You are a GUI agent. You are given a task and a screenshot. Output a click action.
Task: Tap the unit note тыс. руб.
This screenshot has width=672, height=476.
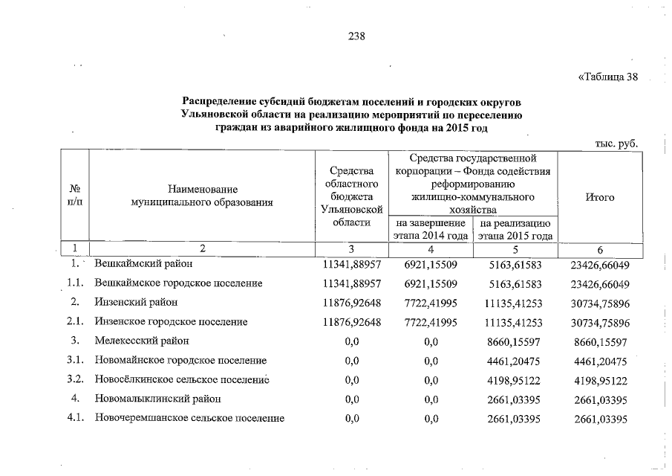616,143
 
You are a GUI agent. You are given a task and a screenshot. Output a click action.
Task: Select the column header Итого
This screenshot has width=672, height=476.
598,197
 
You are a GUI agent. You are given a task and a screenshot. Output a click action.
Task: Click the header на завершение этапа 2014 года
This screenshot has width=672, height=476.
430,229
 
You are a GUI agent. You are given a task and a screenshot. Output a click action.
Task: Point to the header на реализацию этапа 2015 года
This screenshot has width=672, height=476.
515,229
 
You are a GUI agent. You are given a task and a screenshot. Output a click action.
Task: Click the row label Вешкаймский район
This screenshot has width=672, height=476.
143,263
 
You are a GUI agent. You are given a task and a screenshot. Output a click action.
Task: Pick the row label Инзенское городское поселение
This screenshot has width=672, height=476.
170,322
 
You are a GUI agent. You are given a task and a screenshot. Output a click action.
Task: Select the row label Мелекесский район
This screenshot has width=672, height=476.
141,341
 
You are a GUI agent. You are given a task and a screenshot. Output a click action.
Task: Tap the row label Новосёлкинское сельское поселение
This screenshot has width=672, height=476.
181,379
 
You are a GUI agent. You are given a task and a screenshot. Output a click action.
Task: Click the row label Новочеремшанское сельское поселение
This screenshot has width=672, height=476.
189,418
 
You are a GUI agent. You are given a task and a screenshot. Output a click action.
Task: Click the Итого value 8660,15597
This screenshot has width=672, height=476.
601,341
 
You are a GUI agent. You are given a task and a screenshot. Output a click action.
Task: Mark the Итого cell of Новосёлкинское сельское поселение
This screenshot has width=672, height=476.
601,379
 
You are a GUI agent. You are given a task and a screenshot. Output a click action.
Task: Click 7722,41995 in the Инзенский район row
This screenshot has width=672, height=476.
430,303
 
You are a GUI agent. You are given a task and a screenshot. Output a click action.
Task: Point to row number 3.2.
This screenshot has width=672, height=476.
73,379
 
